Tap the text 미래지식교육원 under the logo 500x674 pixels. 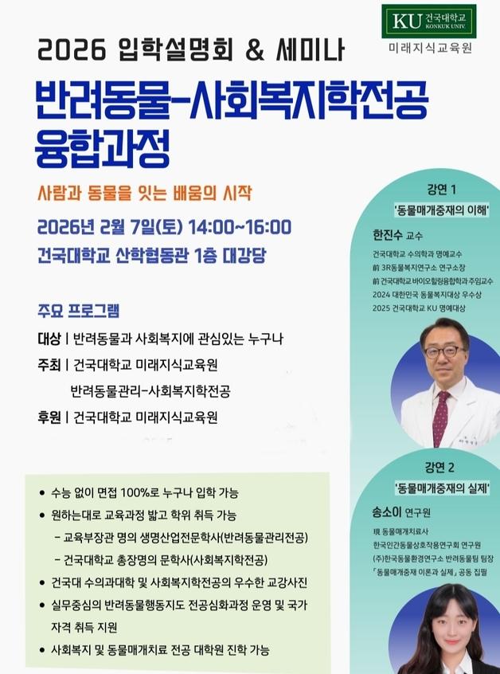pyautogui.click(x=431, y=47)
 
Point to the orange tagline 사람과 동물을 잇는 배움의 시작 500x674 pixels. pyautogui.click(x=144, y=193)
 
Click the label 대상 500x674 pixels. pyautogui.click(x=49, y=339)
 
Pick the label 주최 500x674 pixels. pyautogui.click(x=49, y=366)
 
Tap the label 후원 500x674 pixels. pyautogui.click(x=49, y=417)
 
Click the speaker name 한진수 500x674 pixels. pyautogui.click(x=388, y=235)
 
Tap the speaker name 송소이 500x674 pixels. pyautogui.click(x=388, y=510)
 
